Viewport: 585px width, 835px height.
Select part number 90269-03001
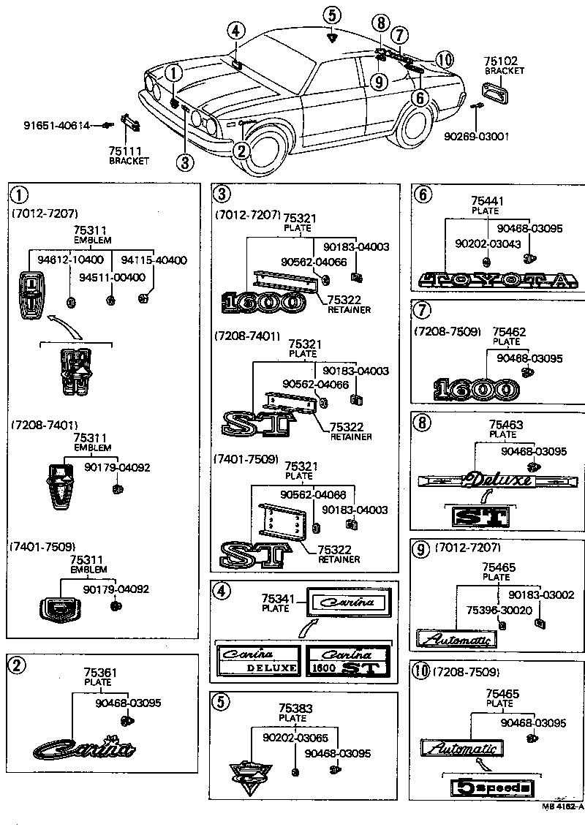pyautogui.click(x=476, y=136)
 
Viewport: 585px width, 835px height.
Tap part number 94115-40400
pyautogui.click(x=154, y=260)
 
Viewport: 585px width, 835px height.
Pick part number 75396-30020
pyautogui.click(x=494, y=610)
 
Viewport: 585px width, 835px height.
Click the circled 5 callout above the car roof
pyautogui.click(x=332, y=15)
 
